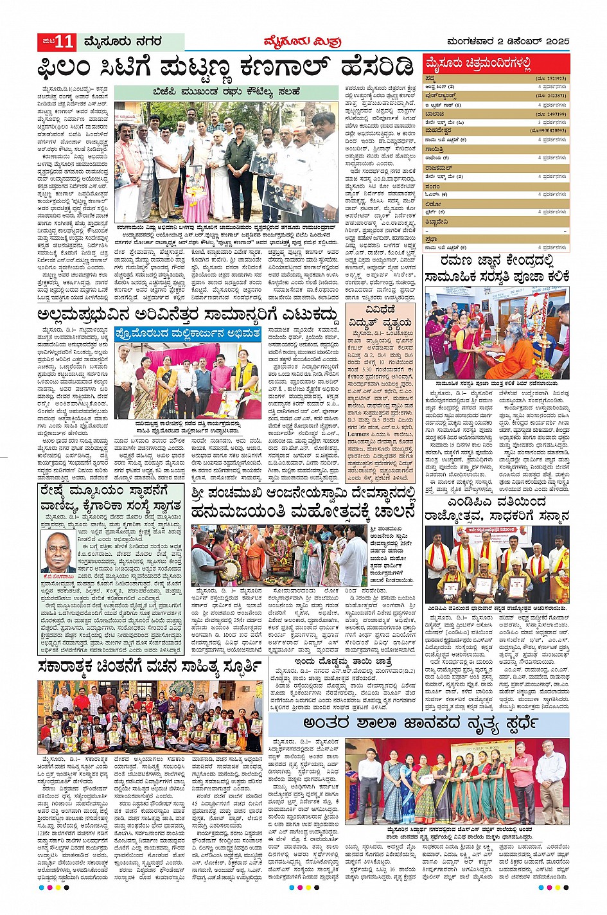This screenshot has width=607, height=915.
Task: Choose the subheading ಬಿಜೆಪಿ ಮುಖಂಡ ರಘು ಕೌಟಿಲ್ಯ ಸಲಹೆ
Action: [226, 92]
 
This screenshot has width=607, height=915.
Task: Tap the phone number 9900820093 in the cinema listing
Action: [548, 130]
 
